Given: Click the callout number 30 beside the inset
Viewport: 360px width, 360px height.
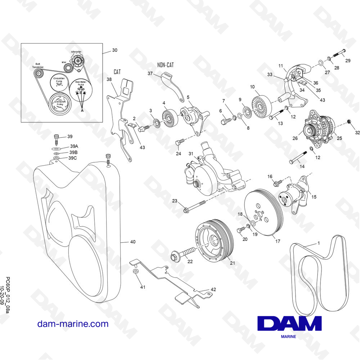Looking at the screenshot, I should click(114, 50).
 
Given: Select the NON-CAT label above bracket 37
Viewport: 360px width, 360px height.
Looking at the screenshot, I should click(165, 65).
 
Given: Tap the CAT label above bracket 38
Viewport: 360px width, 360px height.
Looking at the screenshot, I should click(117, 72).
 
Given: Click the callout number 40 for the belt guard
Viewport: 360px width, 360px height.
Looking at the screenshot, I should click(133, 242).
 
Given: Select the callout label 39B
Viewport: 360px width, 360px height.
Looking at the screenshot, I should click(73, 152).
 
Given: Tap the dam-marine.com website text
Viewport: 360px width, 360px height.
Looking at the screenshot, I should click(73, 324).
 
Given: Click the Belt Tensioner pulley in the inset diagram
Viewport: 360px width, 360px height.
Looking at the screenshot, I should click(38, 74).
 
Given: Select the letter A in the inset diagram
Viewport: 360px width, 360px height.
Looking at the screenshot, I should click(82, 111).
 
